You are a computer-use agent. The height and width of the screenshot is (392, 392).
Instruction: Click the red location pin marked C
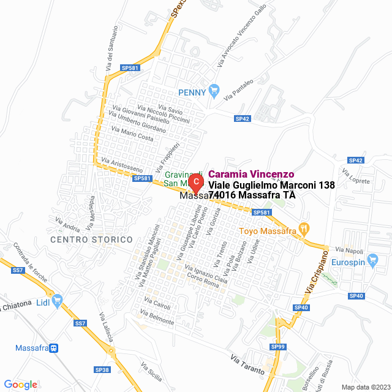click(195, 182)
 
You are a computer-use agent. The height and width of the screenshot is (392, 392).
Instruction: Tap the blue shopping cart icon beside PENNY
click(214, 92)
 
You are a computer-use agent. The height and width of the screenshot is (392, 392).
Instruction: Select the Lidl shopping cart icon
click(58, 300)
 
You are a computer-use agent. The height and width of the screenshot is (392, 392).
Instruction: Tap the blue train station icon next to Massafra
click(55, 348)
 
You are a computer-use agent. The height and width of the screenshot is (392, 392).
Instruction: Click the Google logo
click(20, 385)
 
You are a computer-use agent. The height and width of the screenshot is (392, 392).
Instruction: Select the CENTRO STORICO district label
click(91, 239)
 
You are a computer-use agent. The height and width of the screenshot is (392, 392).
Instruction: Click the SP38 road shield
click(102, 370)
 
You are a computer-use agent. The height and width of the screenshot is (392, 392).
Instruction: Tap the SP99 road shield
click(278, 347)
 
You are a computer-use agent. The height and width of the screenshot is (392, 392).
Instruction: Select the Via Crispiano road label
click(312, 276)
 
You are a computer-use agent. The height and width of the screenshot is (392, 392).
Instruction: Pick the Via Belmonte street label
click(157, 318)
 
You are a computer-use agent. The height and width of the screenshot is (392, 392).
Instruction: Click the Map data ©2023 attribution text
click(364, 386)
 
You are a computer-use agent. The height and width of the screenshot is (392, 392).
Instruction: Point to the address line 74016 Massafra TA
click(252, 195)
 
